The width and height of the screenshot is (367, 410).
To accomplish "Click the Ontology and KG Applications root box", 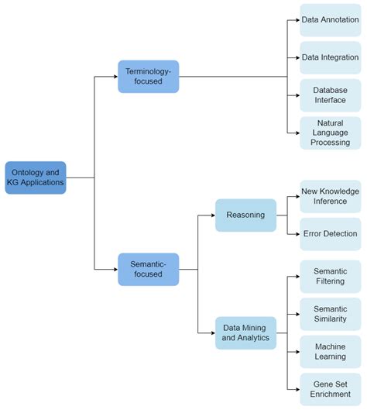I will point(36,177).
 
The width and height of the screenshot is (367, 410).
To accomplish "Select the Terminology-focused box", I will point(148,77).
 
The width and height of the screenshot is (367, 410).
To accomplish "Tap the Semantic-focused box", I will point(148,269).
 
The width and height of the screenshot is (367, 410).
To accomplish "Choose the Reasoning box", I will point(245,215).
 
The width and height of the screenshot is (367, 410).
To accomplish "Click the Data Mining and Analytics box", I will point(245,332).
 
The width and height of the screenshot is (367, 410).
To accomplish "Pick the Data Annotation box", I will point(331,19).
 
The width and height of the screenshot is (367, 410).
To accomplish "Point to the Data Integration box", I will point(331,57).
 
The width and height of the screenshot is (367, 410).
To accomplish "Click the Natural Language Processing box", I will point(331,133).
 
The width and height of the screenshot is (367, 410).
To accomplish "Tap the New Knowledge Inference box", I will point(331,196).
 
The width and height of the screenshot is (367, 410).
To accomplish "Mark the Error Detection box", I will point(331,233).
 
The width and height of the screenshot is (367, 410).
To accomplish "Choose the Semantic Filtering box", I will point(331,277).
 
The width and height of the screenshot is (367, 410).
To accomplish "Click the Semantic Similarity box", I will point(331,314).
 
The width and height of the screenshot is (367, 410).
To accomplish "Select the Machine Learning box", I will point(331,351).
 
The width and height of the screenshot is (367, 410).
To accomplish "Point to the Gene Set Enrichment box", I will point(331,388).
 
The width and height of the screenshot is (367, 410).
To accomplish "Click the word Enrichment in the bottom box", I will point(331,394).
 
